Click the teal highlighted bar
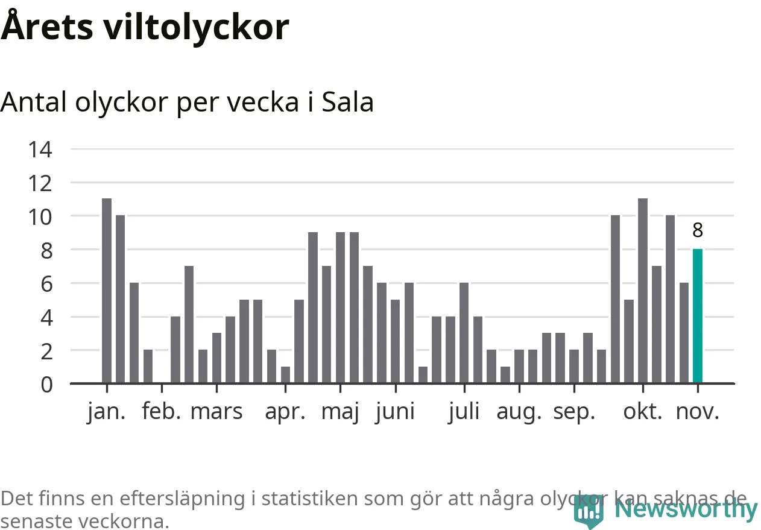[x=697, y=316]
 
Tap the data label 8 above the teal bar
[x=698, y=230]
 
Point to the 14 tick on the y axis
[x=40, y=149]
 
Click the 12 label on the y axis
[x=40, y=183]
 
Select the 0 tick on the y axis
[x=46, y=384]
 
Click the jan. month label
[x=107, y=412]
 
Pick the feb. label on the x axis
[x=162, y=412]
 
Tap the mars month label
[x=216, y=412]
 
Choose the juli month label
[x=464, y=412]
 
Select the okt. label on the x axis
[x=643, y=412]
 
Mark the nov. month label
[x=698, y=412]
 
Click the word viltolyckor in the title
[x=196, y=27]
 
